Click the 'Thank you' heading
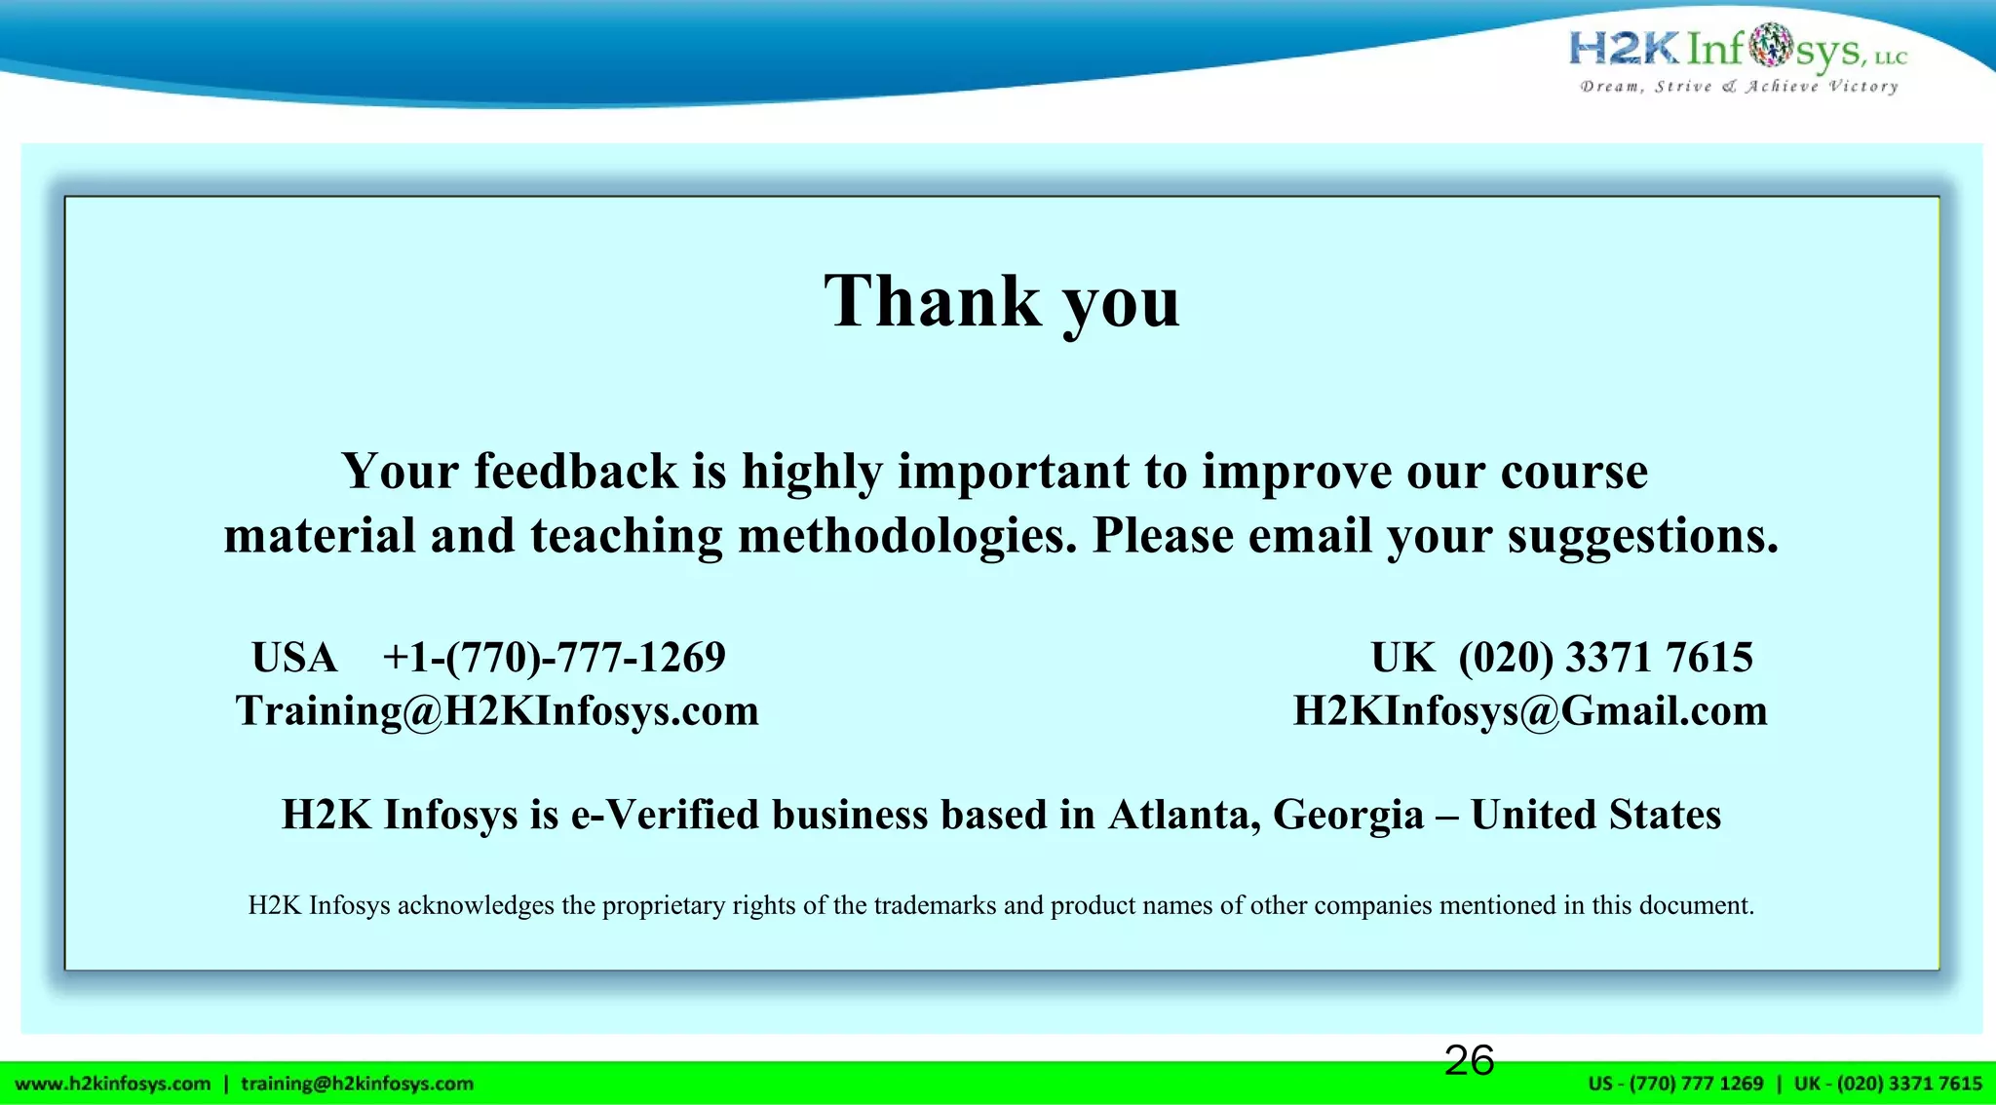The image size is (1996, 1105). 1002,301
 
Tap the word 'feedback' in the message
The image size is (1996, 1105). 576,472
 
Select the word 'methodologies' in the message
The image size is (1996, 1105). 906,536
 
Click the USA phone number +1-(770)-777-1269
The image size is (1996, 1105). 554,658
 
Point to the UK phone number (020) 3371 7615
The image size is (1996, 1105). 1605,658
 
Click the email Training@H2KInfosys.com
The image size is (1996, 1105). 497,711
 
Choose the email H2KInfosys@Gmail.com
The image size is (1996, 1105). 1530,711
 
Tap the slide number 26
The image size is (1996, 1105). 1469,1060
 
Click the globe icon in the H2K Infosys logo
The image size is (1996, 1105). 1770,45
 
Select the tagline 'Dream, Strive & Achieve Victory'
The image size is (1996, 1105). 1739,87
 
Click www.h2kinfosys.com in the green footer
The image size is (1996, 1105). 113,1084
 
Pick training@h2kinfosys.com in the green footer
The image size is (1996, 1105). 357,1084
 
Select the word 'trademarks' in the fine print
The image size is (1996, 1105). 936,905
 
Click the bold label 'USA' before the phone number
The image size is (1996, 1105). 294,658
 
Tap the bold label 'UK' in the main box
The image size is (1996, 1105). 1402,658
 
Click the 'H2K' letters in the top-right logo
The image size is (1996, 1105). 1624,47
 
